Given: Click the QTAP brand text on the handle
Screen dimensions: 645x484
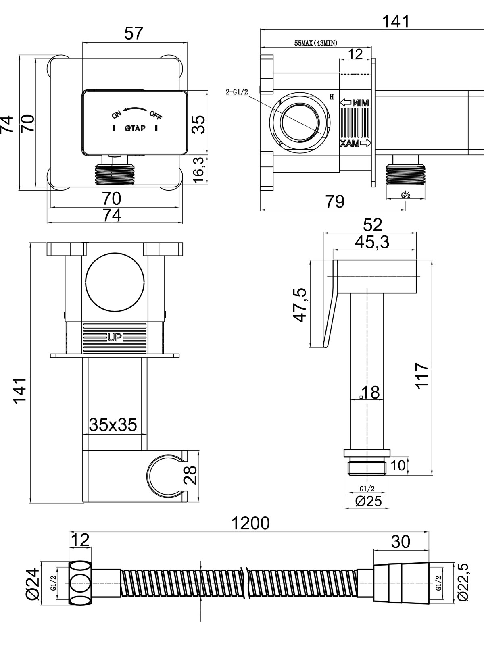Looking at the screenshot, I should tap(135, 129).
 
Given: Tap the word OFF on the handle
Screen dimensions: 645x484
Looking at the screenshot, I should tap(156, 115).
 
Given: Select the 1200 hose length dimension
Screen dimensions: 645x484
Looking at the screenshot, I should tap(250, 523).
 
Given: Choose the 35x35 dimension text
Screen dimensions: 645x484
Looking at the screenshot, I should tap(113, 424).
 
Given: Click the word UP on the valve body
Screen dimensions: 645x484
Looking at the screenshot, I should tap(115, 337).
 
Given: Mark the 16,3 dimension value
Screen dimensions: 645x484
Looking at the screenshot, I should tap(199, 170).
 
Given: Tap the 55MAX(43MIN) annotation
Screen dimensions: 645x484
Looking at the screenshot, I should tap(316, 43).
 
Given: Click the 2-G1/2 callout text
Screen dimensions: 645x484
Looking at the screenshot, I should tap(237, 92).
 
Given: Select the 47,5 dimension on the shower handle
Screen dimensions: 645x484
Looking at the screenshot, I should tap(300, 305).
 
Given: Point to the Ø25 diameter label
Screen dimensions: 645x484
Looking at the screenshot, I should tap(368, 501).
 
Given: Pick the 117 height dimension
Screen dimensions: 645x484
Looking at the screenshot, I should tap(422, 375).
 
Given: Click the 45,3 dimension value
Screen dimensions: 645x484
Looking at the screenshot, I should tap(372, 242).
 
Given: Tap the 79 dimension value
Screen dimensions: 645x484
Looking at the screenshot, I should tap(335, 202).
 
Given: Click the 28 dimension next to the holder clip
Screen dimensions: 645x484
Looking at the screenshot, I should tap(192, 475).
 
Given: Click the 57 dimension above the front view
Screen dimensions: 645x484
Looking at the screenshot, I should tap(134, 33).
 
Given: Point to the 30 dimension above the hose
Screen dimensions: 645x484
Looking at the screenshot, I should tap(401, 542).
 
